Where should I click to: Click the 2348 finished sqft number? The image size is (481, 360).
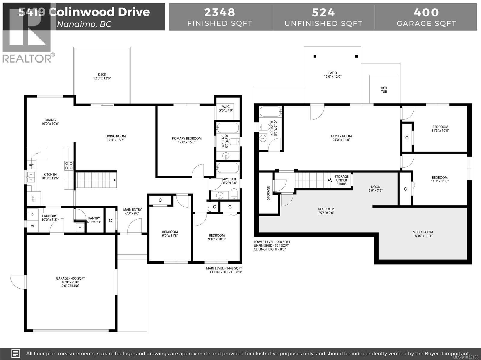[220, 12]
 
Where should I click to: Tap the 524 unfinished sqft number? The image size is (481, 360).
[323, 12]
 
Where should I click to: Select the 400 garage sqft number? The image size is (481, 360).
[426, 12]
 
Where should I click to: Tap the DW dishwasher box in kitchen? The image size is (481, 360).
[31, 165]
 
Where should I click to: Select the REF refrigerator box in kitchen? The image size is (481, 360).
[33, 199]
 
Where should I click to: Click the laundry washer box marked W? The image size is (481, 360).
[32, 226]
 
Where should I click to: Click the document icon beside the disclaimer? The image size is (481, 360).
[16, 353]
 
